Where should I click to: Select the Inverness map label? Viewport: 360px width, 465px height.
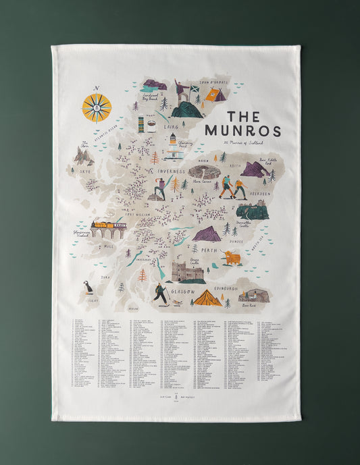(172, 171)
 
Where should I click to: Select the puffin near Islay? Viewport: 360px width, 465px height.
(87, 288)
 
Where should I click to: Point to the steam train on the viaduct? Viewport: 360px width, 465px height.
(109, 225)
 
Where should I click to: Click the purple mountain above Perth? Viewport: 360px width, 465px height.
(207, 234)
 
